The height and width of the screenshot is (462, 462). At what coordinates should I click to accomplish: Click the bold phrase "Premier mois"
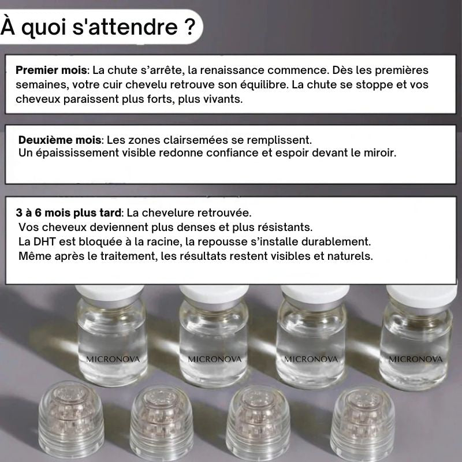pyautogui.click(x=51, y=70)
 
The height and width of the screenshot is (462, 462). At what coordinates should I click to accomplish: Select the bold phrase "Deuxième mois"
pyautogui.click(x=60, y=140)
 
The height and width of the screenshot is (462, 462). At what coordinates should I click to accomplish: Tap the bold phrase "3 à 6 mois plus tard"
pyautogui.click(x=69, y=213)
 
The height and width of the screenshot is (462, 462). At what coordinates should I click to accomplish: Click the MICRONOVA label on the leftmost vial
pyautogui.click(x=113, y=359)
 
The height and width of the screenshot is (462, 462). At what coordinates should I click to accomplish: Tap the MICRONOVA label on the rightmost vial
pyautogui.click(x=416, y=359)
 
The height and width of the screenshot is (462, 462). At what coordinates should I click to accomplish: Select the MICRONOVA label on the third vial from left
pyautogui.click(x=311, y=359)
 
